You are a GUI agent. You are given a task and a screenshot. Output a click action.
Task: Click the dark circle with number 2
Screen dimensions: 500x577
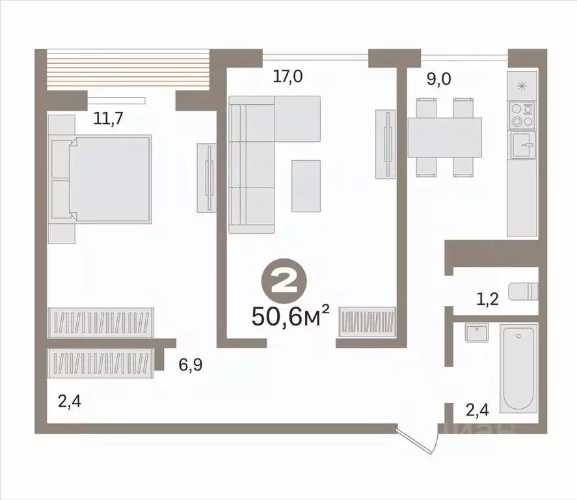pos(282,283)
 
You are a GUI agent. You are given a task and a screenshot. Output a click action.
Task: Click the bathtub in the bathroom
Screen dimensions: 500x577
pos(518,368)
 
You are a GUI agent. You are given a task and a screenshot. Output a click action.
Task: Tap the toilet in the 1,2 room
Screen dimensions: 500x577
pos(524,290)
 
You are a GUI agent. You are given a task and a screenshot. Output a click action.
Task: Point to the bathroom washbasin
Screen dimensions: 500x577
pos(476,333)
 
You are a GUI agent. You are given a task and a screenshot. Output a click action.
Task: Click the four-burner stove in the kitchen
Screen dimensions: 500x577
pos(522,115)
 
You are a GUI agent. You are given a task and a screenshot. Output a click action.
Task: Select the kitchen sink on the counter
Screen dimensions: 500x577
pos(522,145)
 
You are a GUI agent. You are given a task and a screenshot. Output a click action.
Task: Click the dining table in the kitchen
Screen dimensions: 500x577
pos(444,136)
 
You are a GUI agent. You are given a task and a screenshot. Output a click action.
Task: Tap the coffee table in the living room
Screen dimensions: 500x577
pos(305,186)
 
